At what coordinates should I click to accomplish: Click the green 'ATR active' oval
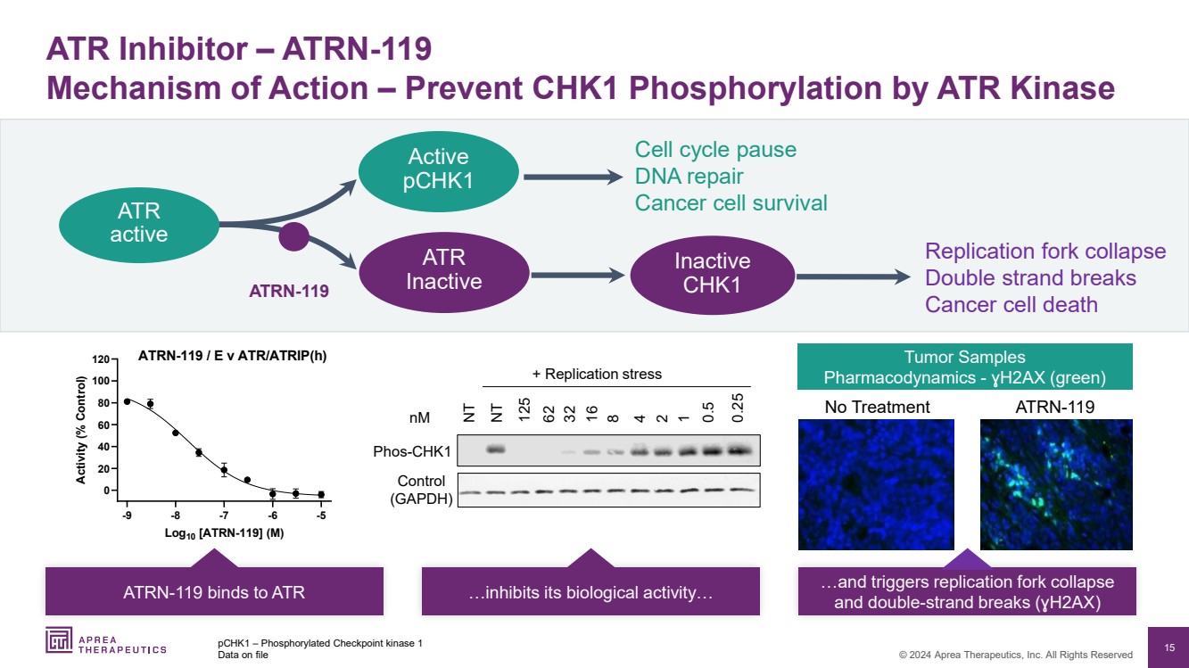138,223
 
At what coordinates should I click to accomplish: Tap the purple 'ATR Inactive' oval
443,269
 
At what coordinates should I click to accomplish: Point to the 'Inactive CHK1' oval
712,275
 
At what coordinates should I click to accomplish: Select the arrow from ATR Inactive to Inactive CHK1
572,276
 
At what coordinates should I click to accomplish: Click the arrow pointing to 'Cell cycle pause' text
572,177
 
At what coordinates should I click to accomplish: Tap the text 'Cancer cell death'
1011,305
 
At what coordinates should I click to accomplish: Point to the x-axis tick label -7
224,515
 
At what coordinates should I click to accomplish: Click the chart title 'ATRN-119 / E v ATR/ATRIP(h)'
232,355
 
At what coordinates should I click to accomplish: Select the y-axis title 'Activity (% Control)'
81,431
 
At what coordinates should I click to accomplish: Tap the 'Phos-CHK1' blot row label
413,452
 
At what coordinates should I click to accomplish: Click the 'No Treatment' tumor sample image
875,484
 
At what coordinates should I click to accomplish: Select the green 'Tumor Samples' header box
964,367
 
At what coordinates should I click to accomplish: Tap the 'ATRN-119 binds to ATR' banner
214,592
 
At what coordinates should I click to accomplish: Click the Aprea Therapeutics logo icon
61,639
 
